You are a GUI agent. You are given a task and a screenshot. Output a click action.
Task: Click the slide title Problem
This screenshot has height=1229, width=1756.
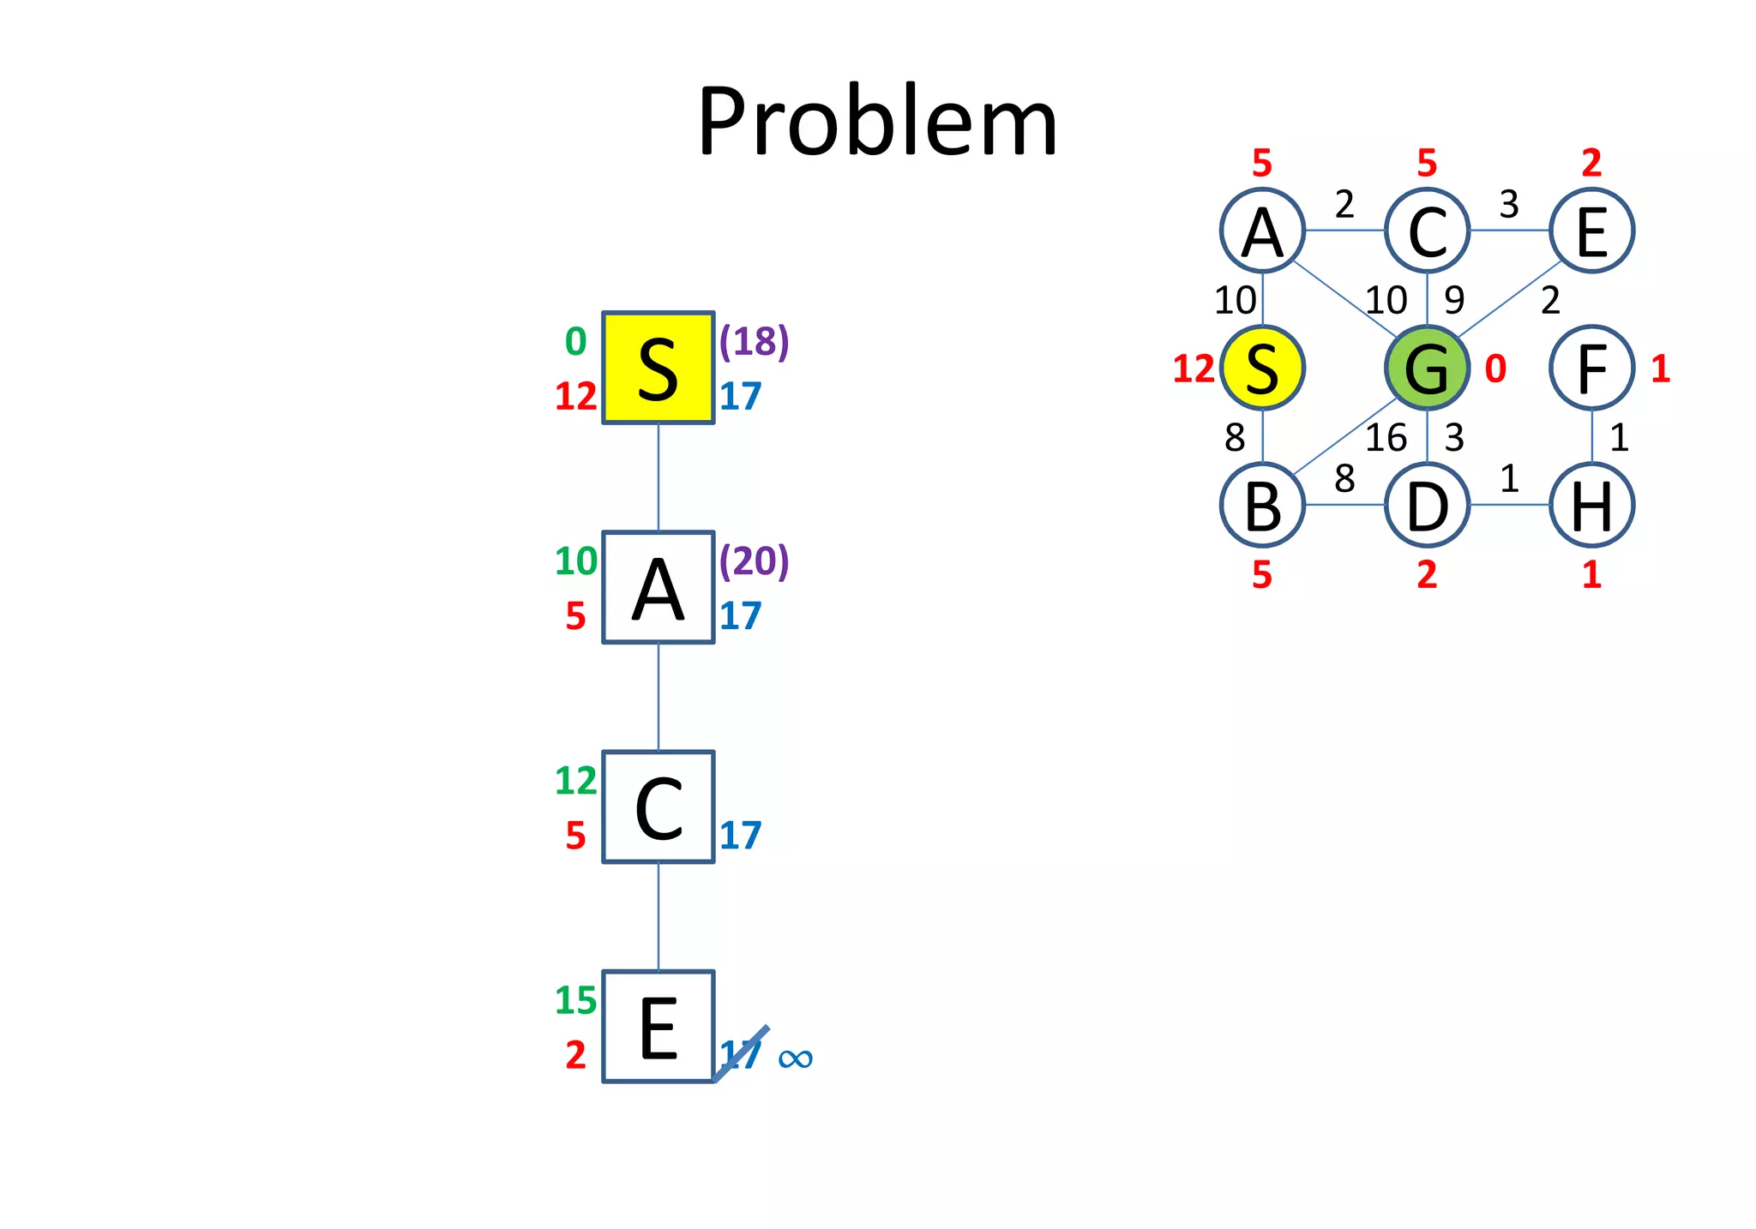[877, 122]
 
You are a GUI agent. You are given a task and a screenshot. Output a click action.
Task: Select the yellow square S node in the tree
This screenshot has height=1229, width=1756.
[658, 368]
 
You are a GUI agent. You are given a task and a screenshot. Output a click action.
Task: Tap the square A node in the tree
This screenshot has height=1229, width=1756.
[658, 587]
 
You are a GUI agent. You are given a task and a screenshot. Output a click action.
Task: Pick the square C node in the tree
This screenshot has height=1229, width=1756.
[658, 806]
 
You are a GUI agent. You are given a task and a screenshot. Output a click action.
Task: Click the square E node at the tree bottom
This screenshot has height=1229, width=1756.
[658, 1026]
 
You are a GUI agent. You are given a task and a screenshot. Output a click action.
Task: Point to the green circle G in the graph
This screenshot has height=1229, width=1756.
[1427, 368]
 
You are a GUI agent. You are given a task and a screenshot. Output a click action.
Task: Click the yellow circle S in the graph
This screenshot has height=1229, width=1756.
[1262, 368]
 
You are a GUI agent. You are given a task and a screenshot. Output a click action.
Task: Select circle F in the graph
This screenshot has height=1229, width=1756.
[1591, 368]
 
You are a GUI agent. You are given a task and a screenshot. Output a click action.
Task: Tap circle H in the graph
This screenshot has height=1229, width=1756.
[1591, 505]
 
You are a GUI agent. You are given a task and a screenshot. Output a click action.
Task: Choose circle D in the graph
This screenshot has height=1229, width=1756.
[1427, 505]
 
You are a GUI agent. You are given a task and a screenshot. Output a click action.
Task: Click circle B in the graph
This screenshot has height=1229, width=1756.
[1262, 505]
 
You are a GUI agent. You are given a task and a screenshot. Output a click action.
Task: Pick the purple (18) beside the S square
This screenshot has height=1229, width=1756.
[754, 341]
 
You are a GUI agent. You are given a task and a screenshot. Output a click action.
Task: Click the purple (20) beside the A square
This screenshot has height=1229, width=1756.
[754, 561]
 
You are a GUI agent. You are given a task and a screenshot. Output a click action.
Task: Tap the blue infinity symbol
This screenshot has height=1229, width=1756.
[795, 1058]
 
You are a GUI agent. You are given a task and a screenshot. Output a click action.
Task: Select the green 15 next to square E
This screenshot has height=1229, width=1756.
[575, 1000]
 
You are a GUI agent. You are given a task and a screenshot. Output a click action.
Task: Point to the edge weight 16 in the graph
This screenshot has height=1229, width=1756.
[1386, 438]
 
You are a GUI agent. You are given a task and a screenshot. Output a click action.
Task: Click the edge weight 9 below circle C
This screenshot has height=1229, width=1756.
[1454, 300]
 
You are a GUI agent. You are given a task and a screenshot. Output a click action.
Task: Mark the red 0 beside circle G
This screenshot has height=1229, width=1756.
[1495, 369]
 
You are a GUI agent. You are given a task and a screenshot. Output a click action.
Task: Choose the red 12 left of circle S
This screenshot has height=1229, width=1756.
[1194, 369]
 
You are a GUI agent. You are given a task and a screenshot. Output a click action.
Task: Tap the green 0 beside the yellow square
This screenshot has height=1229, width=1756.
[575, 342]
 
